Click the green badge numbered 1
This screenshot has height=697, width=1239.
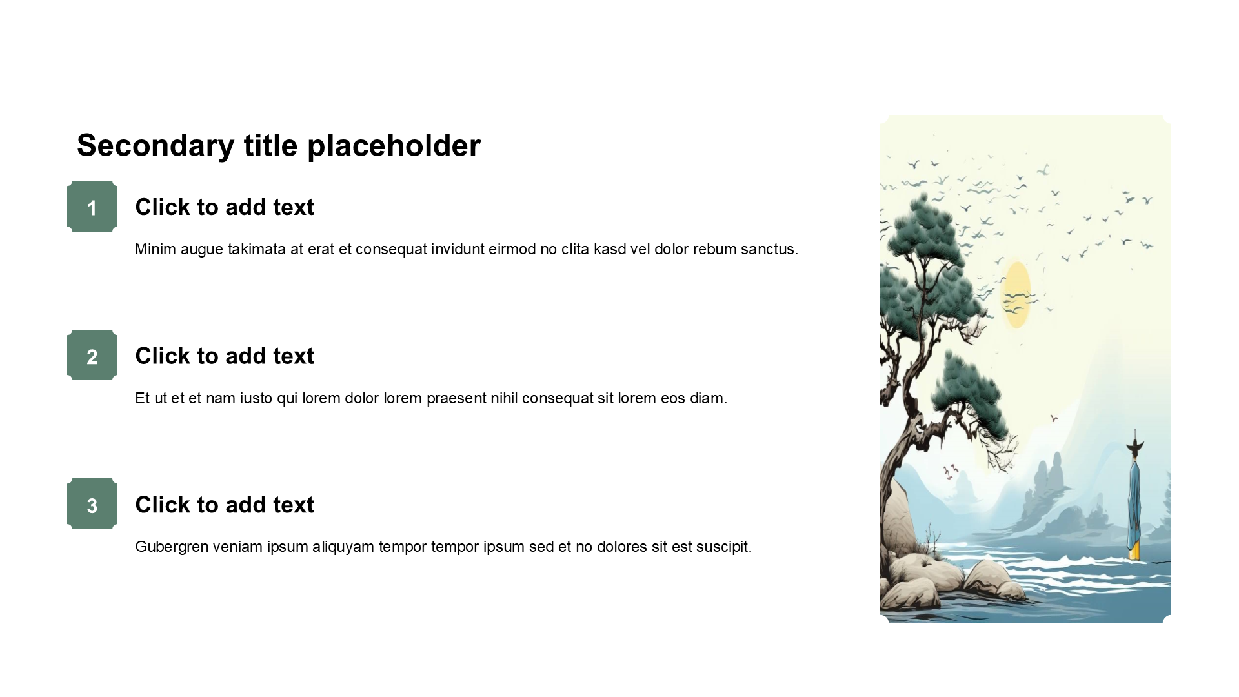point(92,207)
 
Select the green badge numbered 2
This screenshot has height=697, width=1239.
point(92,355)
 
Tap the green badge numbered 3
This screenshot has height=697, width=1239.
point(92,504)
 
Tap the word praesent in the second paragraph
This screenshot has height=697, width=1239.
point(456,398)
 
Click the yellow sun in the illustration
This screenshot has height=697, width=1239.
point(1016,294)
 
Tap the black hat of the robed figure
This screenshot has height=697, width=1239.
point(1135,445)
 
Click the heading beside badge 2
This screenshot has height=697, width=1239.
point(225,356)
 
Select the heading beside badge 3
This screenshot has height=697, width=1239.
point(225,505)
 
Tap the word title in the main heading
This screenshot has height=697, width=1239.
point(271,146)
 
